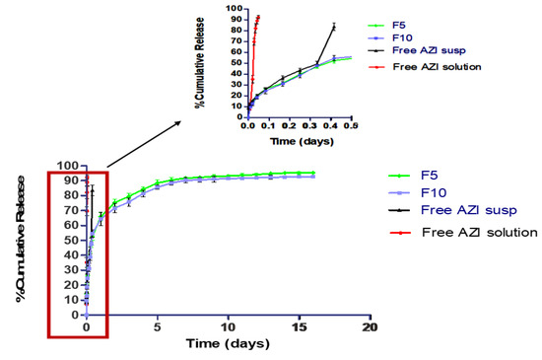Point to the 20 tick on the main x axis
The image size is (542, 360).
370,326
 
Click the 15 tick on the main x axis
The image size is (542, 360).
299,326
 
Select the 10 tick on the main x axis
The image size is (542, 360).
228,326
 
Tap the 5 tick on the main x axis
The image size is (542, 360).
157,326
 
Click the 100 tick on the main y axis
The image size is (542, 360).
69,166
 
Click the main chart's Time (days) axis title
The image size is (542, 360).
229,345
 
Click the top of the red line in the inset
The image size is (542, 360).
258,16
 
